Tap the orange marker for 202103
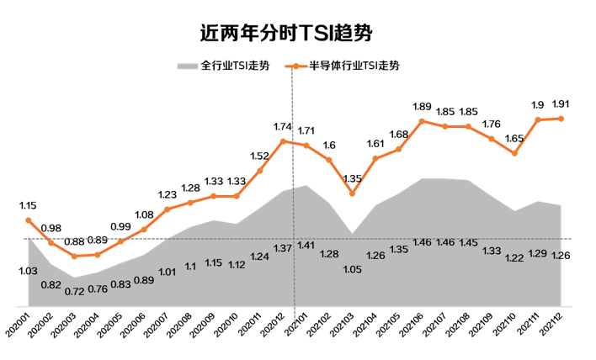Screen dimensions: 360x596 coord(353,194)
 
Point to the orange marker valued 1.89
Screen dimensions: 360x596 coord(423,121)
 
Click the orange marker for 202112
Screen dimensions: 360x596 coord(561,119)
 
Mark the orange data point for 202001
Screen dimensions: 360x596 coord(29,220)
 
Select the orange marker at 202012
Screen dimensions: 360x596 coord(283,140)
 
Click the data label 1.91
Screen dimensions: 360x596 coord(561,104)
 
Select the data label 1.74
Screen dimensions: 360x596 coord(283,126)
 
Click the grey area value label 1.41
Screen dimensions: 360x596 coord(306,245)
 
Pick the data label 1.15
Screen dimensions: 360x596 coord(28,205)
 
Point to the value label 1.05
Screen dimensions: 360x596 coord(352,269)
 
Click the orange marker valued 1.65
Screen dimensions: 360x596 coord(515,153)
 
